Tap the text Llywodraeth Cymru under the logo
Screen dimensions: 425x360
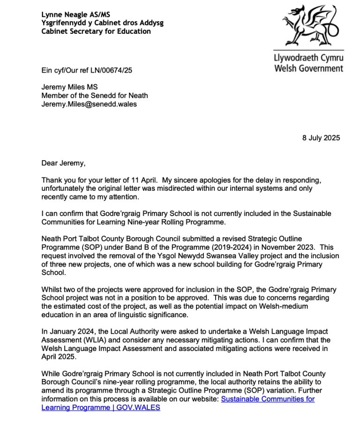pyautogui.click(x=309, y=59)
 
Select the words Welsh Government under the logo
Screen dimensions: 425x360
pyautogui.click(x=308, y=68)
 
